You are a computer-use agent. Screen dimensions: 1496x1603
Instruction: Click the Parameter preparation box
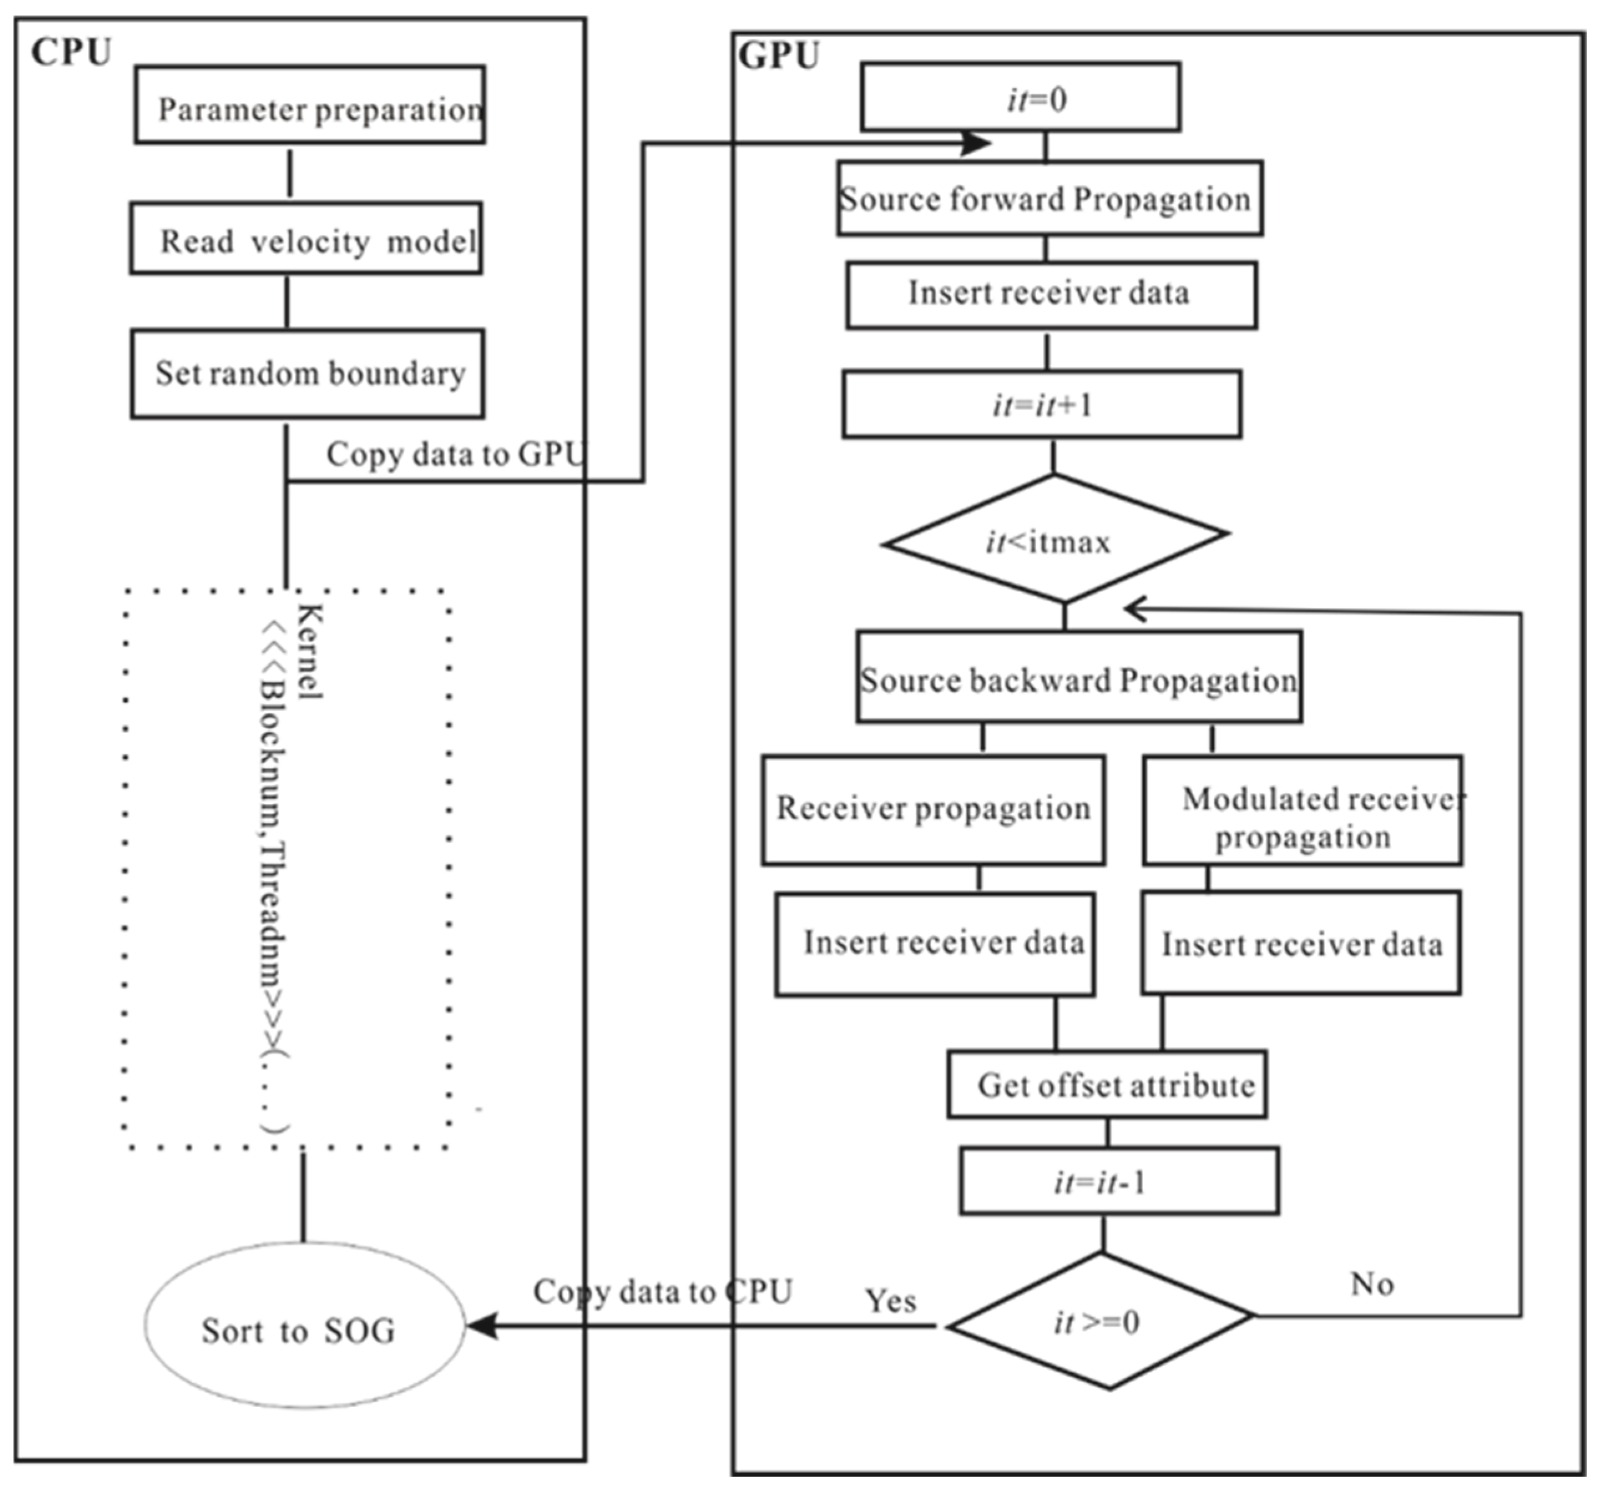310,105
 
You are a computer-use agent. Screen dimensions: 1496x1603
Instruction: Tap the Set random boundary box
307,373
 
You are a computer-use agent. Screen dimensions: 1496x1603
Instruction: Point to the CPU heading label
71,53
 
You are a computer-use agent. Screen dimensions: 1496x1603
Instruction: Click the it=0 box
1020,98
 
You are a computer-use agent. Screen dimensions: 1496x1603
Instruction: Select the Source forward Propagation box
1049,198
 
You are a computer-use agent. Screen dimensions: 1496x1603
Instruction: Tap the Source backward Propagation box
1078,676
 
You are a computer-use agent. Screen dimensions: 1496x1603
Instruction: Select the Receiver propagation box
933,810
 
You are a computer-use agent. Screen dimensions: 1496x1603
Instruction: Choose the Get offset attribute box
1106,1085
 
